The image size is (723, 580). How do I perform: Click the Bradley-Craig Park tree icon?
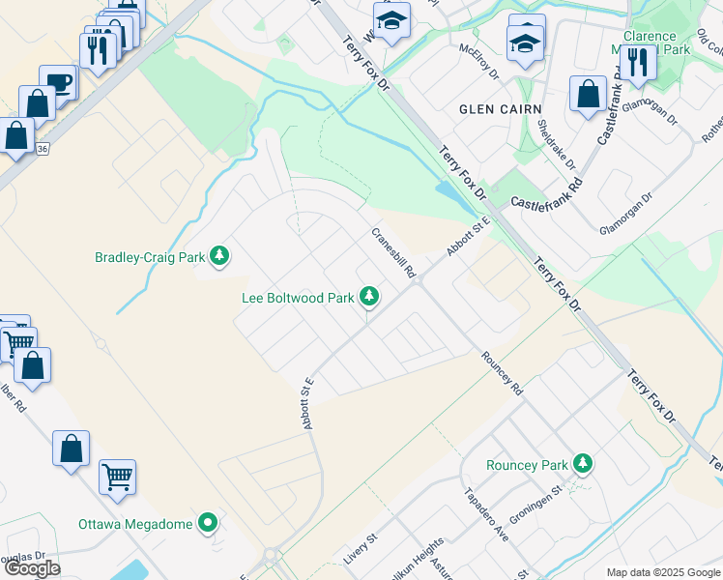coord(221,256)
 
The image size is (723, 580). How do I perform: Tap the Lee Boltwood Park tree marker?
coord(368,297)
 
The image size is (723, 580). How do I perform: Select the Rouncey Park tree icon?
coord(582,464)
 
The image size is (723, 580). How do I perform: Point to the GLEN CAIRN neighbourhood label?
coord(500,109)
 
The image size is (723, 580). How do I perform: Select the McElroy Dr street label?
coord(478,60)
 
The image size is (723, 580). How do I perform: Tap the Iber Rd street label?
coord(13,397)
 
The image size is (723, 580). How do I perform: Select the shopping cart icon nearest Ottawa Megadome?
coord(117,475)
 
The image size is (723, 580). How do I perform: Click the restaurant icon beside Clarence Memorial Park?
coord(637,62)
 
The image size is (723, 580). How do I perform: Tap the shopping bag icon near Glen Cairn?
coord(588,93)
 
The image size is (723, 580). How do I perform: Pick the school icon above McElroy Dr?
coord(526,42)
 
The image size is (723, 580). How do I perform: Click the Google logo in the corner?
coord(32,568)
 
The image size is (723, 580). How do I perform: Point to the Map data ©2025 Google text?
coord(663,572)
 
